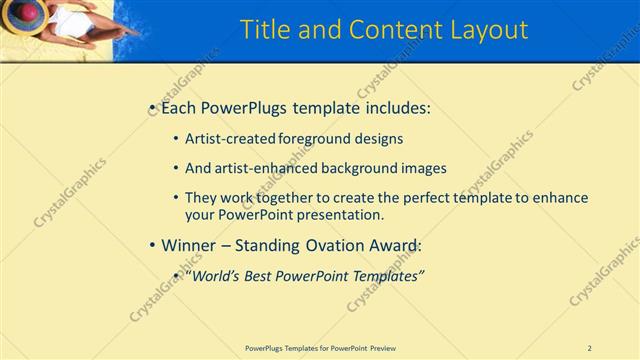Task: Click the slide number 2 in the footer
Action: (x=590, y=348)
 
